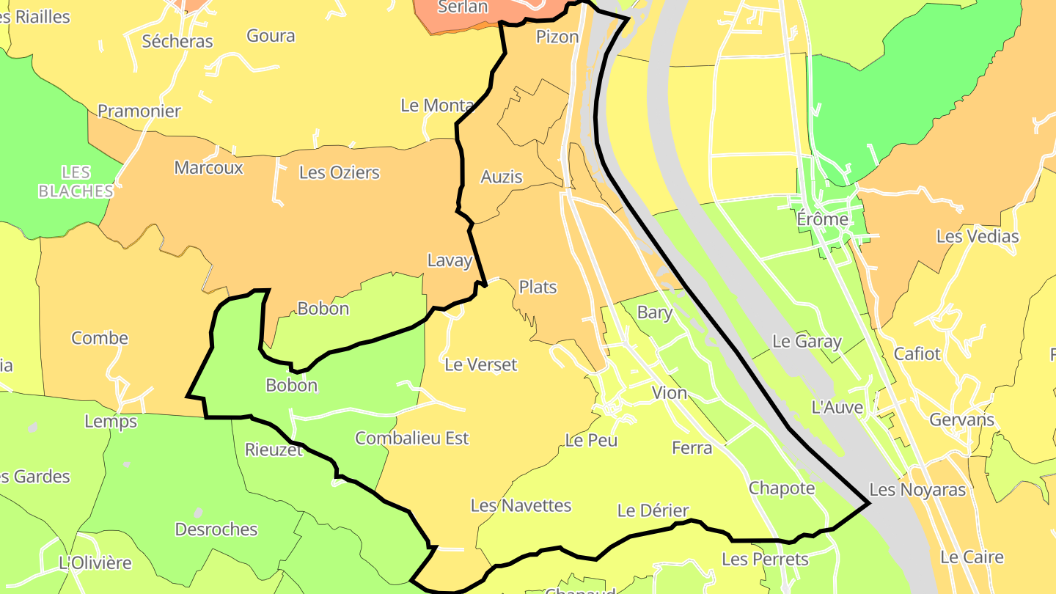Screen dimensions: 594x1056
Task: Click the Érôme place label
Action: click(822, 219)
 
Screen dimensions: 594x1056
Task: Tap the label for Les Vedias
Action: click(978, 236)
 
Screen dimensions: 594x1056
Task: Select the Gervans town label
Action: click(961, 420)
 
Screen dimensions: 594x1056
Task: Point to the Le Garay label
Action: click(807, 341)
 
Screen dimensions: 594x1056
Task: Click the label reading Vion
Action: click(670, 392)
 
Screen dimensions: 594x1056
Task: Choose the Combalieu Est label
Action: click(411, 438)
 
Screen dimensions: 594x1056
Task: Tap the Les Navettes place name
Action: click(521, 505)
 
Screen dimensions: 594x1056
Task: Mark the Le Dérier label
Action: click(653, 510)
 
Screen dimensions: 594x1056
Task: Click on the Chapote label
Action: click(782, 488)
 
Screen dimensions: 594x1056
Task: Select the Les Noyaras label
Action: click(917, 489)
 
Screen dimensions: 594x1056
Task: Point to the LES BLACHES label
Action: click(76, 182)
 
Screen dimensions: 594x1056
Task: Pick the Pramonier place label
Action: click(139, 111)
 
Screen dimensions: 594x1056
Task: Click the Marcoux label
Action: click(208, 167)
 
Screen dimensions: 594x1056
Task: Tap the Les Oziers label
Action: click(340, 172)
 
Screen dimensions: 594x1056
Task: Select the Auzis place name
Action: click(502, 177)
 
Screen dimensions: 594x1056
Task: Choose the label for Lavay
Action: click(450, 260)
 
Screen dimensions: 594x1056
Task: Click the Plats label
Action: click(538, 287)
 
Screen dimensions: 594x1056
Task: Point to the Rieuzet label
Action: click(274, 450)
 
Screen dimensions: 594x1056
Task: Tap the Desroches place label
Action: click(216, 529)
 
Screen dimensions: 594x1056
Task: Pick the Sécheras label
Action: click(177, 41)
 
